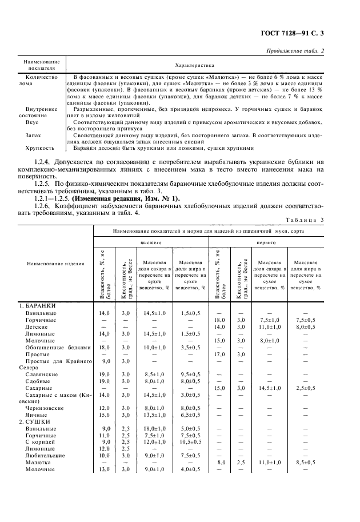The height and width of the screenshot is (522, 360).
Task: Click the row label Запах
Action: point(34,135)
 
